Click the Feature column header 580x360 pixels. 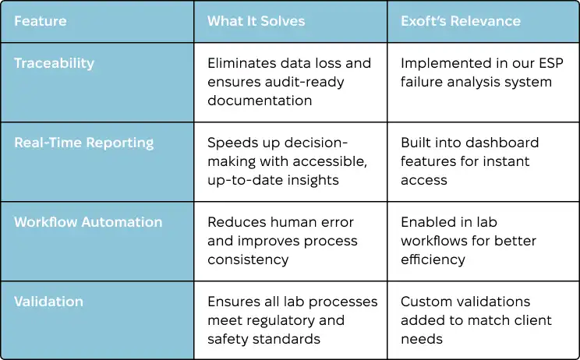point(41,21)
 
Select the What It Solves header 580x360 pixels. point(256,21)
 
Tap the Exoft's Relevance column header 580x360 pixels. point(461,21)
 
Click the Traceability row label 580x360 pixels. point(54,64)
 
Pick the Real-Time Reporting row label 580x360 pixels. point(83,143)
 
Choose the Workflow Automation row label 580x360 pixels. point(88,222)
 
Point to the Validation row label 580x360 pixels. point(48,302)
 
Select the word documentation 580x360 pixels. point(260,101)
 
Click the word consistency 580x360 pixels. point(248,259)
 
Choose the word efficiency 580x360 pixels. point(433,259)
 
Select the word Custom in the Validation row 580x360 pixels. point(428,302)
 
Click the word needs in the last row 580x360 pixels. point(421,339)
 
